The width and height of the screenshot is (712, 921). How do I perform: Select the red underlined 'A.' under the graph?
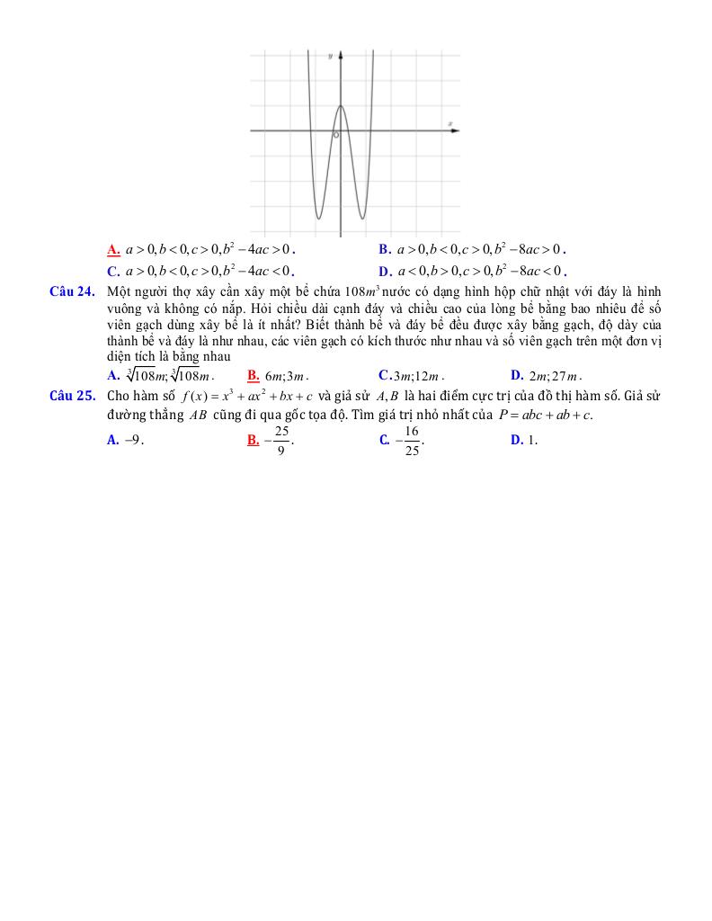point(113,249)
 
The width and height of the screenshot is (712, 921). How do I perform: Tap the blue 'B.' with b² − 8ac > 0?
point(384,249)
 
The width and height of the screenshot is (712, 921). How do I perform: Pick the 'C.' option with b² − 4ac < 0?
point(113,271)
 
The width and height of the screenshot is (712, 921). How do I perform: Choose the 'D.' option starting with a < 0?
point(384,271)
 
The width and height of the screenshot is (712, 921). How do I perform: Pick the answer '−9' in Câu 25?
point(135,440)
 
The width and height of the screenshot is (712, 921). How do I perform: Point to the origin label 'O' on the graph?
point(335,136)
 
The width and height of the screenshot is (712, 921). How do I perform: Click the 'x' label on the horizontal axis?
point(449,122)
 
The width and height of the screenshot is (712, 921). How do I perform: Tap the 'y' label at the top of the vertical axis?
point(330,56)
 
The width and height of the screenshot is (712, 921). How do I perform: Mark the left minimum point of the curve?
point(317,218)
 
